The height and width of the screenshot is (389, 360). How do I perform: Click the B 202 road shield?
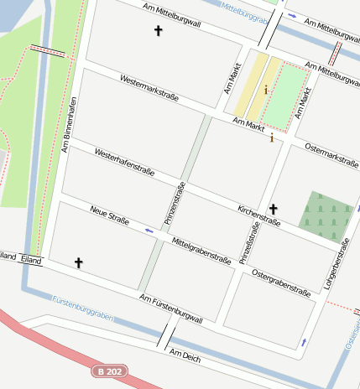point(108,371)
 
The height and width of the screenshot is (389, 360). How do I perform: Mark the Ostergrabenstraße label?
point(281,283)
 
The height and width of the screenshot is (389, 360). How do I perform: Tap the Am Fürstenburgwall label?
point(171,309)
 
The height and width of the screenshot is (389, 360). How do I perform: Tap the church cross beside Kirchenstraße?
point(273,208)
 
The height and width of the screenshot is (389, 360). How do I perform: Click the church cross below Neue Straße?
point(79,262)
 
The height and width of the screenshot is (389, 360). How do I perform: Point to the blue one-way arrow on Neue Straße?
point(149,229)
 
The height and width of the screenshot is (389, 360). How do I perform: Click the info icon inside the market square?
point(266,89)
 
